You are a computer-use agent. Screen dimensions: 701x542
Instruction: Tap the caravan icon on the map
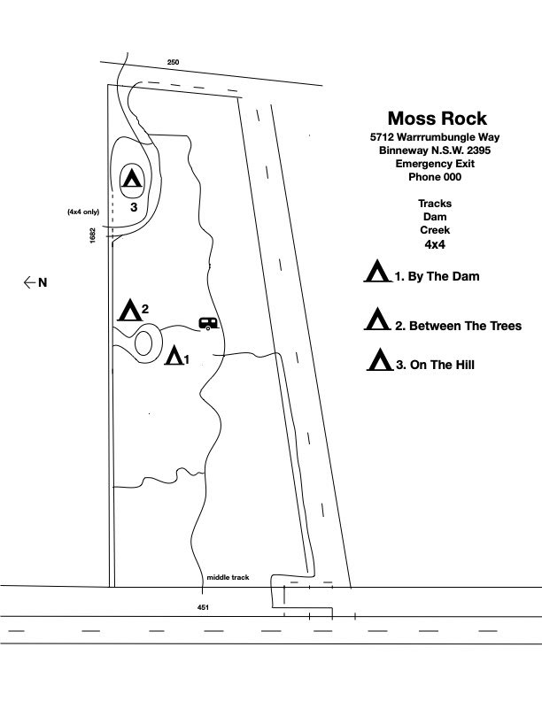coord(208,324)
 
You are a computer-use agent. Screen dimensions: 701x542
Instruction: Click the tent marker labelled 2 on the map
coord(129,311)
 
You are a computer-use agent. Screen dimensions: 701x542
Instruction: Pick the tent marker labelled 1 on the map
coord(175,356)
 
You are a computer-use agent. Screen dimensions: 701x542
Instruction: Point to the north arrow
coord(35,282)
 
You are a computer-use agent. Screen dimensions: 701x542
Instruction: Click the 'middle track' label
coord(228,577)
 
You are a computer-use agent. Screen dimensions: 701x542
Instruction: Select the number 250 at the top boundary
coord(173,62)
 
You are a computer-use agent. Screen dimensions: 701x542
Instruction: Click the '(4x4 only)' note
coord(84,212)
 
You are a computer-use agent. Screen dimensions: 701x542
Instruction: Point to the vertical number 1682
coord(92,235)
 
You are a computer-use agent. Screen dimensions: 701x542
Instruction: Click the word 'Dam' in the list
coord(435,216)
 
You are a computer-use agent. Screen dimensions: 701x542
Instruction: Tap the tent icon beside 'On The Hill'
coord(380,360)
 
